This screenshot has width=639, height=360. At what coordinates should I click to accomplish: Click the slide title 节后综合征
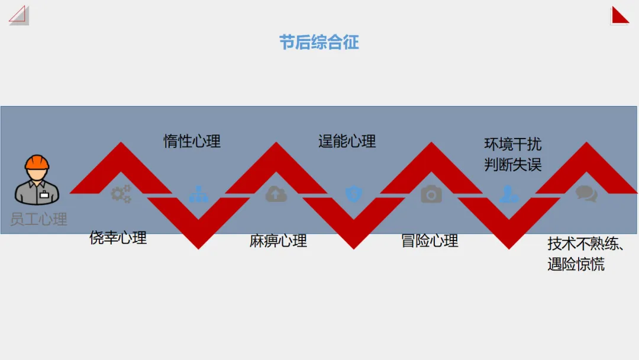319,43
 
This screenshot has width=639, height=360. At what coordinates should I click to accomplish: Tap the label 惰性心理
192,142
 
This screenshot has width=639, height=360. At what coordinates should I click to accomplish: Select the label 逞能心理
347,142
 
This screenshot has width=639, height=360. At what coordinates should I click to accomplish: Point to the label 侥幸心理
118,238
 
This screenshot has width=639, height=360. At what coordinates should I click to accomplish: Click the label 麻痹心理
278,241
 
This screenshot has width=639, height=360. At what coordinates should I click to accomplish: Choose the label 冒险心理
430,241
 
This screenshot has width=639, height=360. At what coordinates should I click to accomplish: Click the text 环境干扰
512,144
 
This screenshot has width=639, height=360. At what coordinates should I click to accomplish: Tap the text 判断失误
512,165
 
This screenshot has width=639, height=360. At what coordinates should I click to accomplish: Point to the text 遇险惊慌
576,264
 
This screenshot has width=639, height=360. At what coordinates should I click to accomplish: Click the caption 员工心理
38,220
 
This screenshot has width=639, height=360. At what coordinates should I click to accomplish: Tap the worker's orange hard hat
37,162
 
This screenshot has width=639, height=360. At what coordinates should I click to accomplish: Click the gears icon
121,194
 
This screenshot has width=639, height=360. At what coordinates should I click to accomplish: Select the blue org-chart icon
199,194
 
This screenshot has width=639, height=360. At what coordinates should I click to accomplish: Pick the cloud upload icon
276,194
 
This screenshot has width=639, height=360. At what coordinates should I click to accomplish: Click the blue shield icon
354,194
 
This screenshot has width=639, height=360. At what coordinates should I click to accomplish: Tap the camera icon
431,194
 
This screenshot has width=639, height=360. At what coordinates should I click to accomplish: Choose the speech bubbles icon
586,194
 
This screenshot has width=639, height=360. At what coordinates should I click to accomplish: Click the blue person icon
509,194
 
